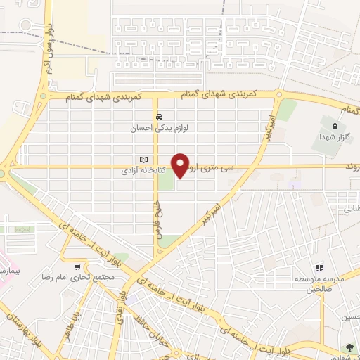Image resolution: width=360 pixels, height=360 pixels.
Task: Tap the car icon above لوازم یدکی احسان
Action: (160, 117)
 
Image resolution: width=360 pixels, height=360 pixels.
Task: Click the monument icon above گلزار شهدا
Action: (327, 124)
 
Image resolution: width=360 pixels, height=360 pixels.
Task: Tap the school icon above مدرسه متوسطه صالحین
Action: (318, 268)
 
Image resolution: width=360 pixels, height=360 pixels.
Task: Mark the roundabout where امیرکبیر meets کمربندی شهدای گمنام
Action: (279, 94)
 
